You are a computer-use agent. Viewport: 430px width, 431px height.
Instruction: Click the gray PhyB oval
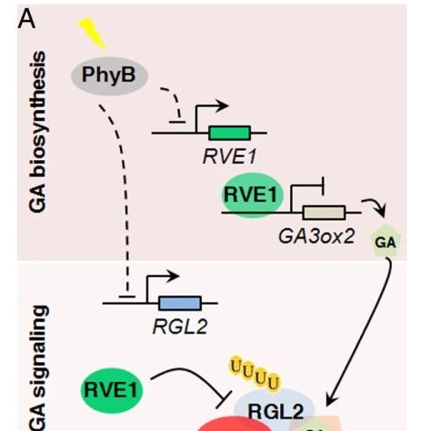click(x=109, y=75)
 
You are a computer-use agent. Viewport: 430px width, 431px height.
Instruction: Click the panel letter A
click(x=26, y=20)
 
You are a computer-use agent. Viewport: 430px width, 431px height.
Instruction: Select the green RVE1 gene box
click(x=230, y=133)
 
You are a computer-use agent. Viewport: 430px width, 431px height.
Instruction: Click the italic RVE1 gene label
click(x=229, y=156)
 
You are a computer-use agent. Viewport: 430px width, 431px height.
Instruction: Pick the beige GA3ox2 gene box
click(x=324, y=213)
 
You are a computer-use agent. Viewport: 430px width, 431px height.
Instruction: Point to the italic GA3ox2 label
click(x=316, y=236)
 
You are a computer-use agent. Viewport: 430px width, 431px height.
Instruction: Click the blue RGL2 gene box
click(x=180, y=303)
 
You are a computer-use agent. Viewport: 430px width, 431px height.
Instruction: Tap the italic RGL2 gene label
click(x=180, y=326)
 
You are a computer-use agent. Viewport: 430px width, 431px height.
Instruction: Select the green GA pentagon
click(x=385, y=241)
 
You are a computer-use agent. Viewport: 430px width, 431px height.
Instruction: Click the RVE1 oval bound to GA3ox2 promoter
click(x=251, y=195)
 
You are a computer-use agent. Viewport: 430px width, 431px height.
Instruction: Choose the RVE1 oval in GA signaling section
click(x=111, y=390)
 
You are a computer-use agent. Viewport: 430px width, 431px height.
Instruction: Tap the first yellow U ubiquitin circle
click(x=235, y=366)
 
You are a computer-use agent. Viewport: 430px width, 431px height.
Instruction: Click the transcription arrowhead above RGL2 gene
click(x=174, y=276)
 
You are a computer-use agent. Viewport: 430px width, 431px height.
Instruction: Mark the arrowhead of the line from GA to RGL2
click(x=331, y=400)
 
